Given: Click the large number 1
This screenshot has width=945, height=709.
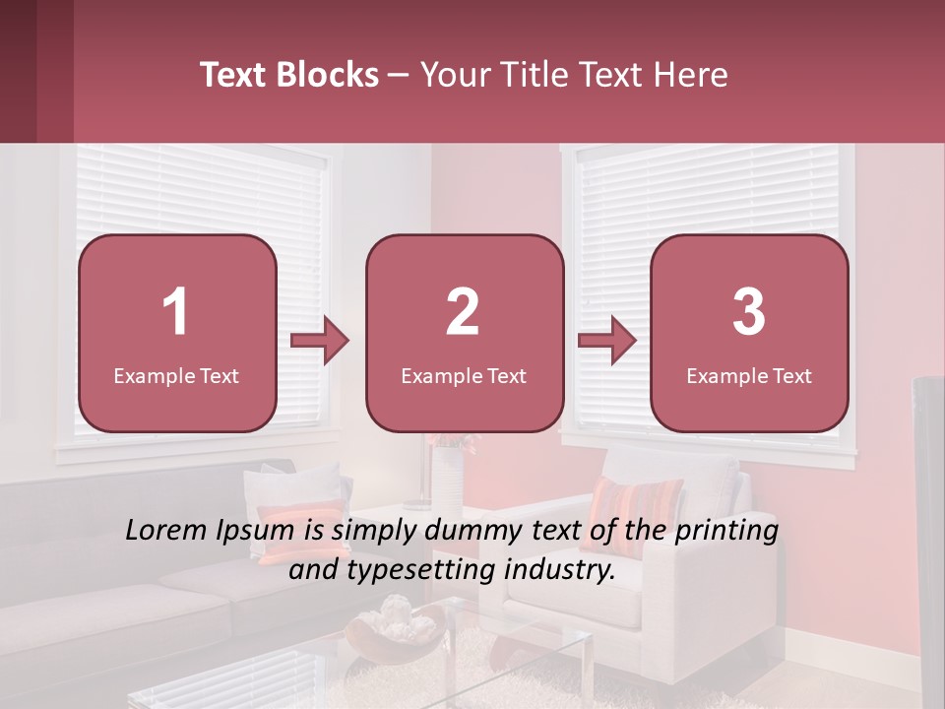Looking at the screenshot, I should tap(176, 312).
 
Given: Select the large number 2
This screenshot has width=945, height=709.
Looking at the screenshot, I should tap(463, 312).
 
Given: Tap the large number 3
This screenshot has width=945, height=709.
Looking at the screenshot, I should tap(749, 312).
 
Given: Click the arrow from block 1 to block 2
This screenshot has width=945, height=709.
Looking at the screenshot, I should tap(320, 342).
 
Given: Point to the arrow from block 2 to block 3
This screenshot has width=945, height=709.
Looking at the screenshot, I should tap(607, 342).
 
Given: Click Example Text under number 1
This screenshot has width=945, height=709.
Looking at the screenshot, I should tap(176, 375).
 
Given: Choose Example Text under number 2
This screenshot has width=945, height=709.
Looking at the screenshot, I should tap(464, 375).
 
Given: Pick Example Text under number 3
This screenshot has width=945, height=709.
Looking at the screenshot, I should tap(749, 375).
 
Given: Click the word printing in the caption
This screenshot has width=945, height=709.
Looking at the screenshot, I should tap(727, 531).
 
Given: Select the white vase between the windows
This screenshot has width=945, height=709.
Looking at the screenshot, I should tap(448, 478).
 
